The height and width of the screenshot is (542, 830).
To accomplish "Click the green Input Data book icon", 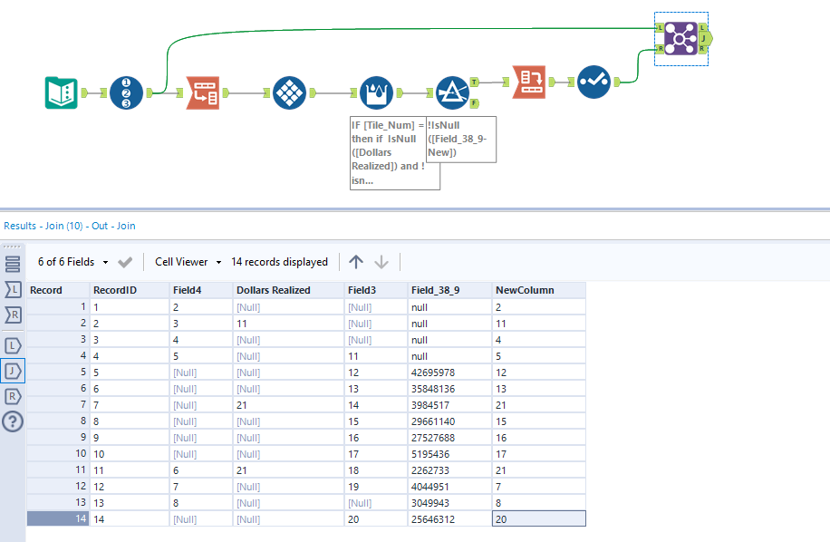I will tap(62, 92).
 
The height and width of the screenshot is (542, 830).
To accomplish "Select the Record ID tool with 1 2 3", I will tap(127, 92).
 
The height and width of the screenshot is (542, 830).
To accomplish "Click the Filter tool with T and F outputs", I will tap(451, 92).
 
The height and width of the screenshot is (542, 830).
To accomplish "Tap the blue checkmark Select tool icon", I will tap(594, 82).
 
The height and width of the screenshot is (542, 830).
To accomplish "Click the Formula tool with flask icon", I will tap(376, 92).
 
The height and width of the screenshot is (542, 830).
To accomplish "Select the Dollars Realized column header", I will tap(273, 290).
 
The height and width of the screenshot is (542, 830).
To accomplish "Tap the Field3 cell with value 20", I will tap(358, 518).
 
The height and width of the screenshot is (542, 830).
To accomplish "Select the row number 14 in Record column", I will tap(58, 518).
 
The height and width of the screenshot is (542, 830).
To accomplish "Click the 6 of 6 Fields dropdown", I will tap(73, 262).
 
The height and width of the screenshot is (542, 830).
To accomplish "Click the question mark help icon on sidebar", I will tap(13, 421).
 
